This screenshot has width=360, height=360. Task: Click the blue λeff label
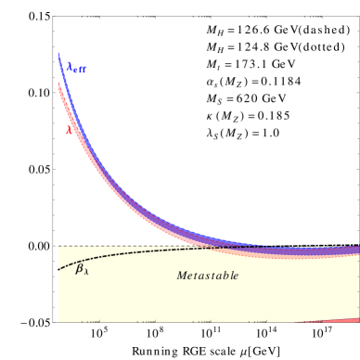[76, 68]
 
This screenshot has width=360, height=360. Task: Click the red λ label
[70, 130]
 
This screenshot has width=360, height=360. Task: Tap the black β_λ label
[82, 269]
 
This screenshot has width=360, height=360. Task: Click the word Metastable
[208, 276]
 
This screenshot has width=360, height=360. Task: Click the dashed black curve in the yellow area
[139, 251]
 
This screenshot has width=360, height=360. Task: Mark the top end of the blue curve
[58, 54]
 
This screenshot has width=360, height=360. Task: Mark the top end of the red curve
[58, 84]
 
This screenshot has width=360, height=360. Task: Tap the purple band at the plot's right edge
[348, 250]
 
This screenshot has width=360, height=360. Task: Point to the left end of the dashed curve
[59, 269]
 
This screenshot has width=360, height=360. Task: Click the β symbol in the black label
[80, 268]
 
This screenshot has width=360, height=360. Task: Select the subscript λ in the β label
[86, 272]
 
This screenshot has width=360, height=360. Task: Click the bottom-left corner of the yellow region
[59, 321]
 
